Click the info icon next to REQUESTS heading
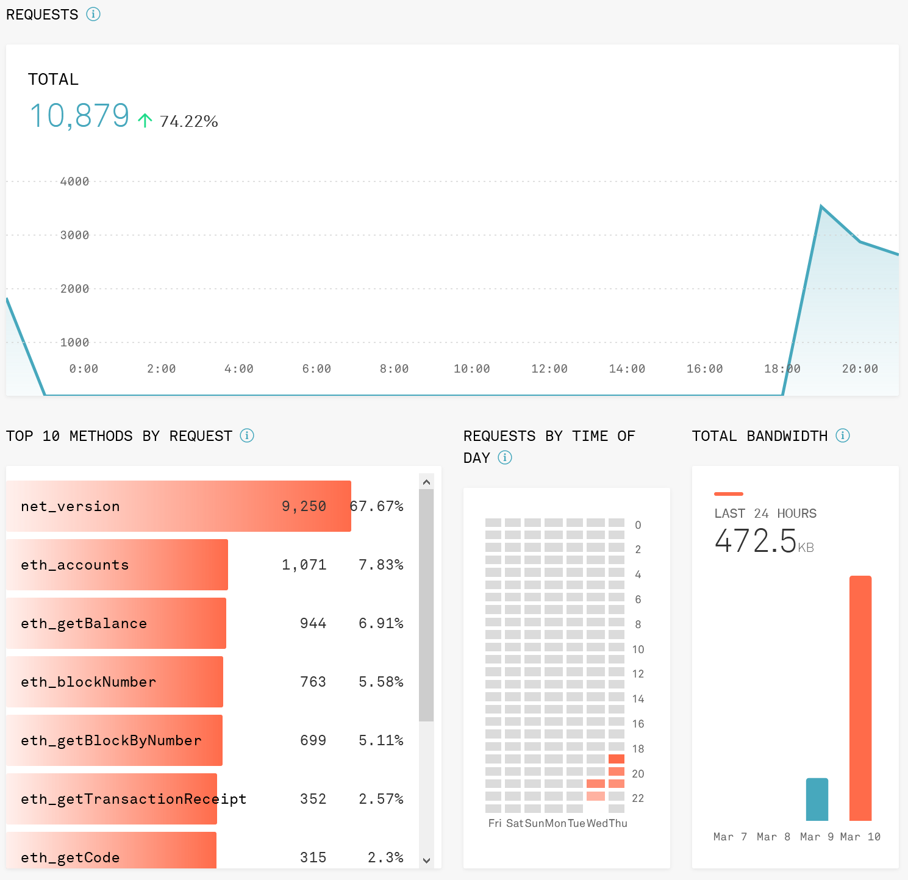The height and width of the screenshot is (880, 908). tap(93, 14)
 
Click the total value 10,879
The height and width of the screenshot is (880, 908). tap(79, 116)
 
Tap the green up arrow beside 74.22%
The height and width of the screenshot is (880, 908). tap(145, 120)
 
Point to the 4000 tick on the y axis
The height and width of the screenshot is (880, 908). tap(74, 181)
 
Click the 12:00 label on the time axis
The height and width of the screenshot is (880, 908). tap(549, 368)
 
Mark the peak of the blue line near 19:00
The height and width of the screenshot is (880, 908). tap(821, 207)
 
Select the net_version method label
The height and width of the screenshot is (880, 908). tap(70, 506)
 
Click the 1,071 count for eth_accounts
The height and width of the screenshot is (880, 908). tap(304, 565)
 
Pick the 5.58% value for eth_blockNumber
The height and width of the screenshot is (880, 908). tap(381, 682)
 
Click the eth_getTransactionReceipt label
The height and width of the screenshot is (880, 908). tap(133, 799)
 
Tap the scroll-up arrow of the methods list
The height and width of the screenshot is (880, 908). tap(426, 482)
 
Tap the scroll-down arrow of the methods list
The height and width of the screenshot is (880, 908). tap(426, 860)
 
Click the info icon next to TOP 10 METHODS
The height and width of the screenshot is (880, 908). tap(247, 435)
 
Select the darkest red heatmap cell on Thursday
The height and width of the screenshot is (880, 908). tap(617, 759)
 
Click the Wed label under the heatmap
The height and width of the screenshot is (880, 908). tap(596, 823)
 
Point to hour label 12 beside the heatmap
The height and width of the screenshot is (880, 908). tap(638, 674)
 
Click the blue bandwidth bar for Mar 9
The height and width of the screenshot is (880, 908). tap(817, 799)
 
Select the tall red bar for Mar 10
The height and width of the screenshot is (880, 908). tap(860, 698)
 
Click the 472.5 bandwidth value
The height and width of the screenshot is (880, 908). tap(756, 541)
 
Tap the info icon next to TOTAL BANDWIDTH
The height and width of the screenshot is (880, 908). tap(843, 435)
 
